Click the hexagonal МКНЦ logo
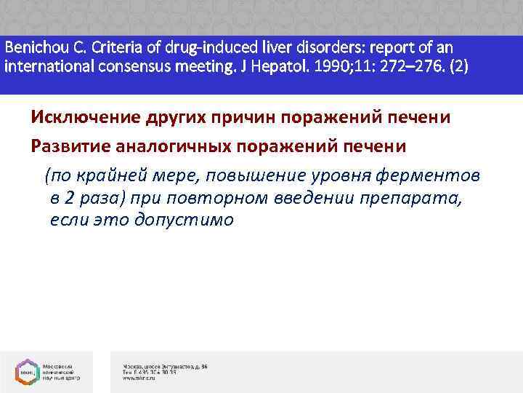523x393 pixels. coord(29,371)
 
